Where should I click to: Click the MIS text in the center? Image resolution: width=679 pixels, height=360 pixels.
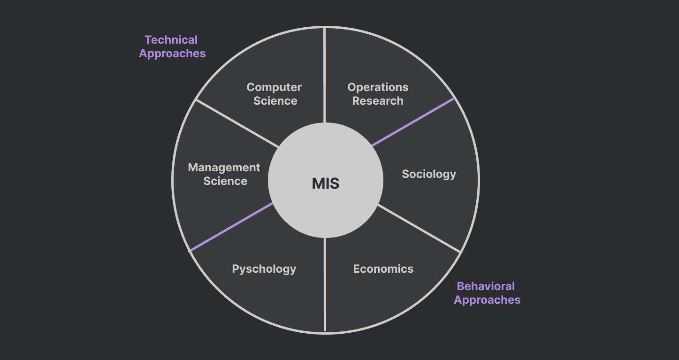pyautogui.click(x=325, y=184)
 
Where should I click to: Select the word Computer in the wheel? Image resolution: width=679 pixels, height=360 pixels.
pyautogui.click(x=274, y=87)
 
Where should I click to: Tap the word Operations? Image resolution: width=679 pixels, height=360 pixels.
pyautogui.click(x=378, y=87)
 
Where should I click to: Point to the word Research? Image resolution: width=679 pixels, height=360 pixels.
pyautogui.click(x=378, y=101)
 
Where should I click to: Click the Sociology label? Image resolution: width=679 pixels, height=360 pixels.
pyautogui.click(x=429, y=174)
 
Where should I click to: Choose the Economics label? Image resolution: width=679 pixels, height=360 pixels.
pyautogui.click(x=383, y=269)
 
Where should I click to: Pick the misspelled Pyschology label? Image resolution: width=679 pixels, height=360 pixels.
pyautogui.click(x=264, y=269)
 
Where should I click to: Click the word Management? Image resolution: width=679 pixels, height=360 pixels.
pyautogui.click(x=224, y=168)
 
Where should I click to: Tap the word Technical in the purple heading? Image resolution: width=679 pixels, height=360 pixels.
pyautogui.click(x=171, y=40)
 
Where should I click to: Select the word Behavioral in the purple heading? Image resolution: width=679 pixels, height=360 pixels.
pyautogui.click(x=486, y=286)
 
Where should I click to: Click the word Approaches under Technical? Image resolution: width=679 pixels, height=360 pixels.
pyautogui.click(x=172, y=54)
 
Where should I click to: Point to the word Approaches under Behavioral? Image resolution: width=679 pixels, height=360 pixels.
pyautogui.click(x=487, y=300)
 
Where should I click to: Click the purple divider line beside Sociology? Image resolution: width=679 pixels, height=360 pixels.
pyautogui.click(x=413, y=122)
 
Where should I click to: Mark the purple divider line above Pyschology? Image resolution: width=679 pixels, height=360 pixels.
pyautogui.click(x=231, y=227)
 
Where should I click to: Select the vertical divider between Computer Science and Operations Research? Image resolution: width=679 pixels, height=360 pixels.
pyautogui.click(x=325, y=75)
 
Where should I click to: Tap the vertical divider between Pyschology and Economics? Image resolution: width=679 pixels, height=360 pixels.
pyautogui.click(x=325, y=284)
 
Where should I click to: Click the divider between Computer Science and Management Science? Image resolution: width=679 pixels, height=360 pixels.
pyautogui.click(x=237, y=123)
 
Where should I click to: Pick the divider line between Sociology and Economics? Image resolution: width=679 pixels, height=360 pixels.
pyautogui.click(x=419, y=228)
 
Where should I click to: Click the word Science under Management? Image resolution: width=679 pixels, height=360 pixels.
pyautogui.click(x=225, y=181)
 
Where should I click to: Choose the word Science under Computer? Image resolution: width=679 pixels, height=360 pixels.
pyautogui.click(x=275, y=101)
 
